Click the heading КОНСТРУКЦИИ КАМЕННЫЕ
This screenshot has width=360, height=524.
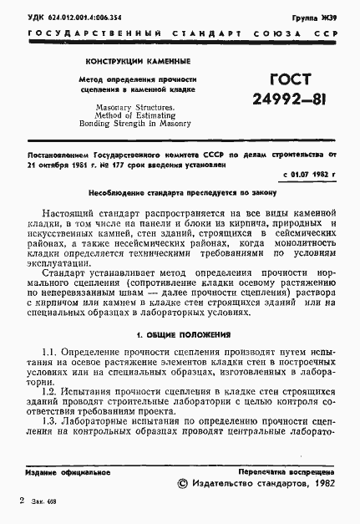138,61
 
